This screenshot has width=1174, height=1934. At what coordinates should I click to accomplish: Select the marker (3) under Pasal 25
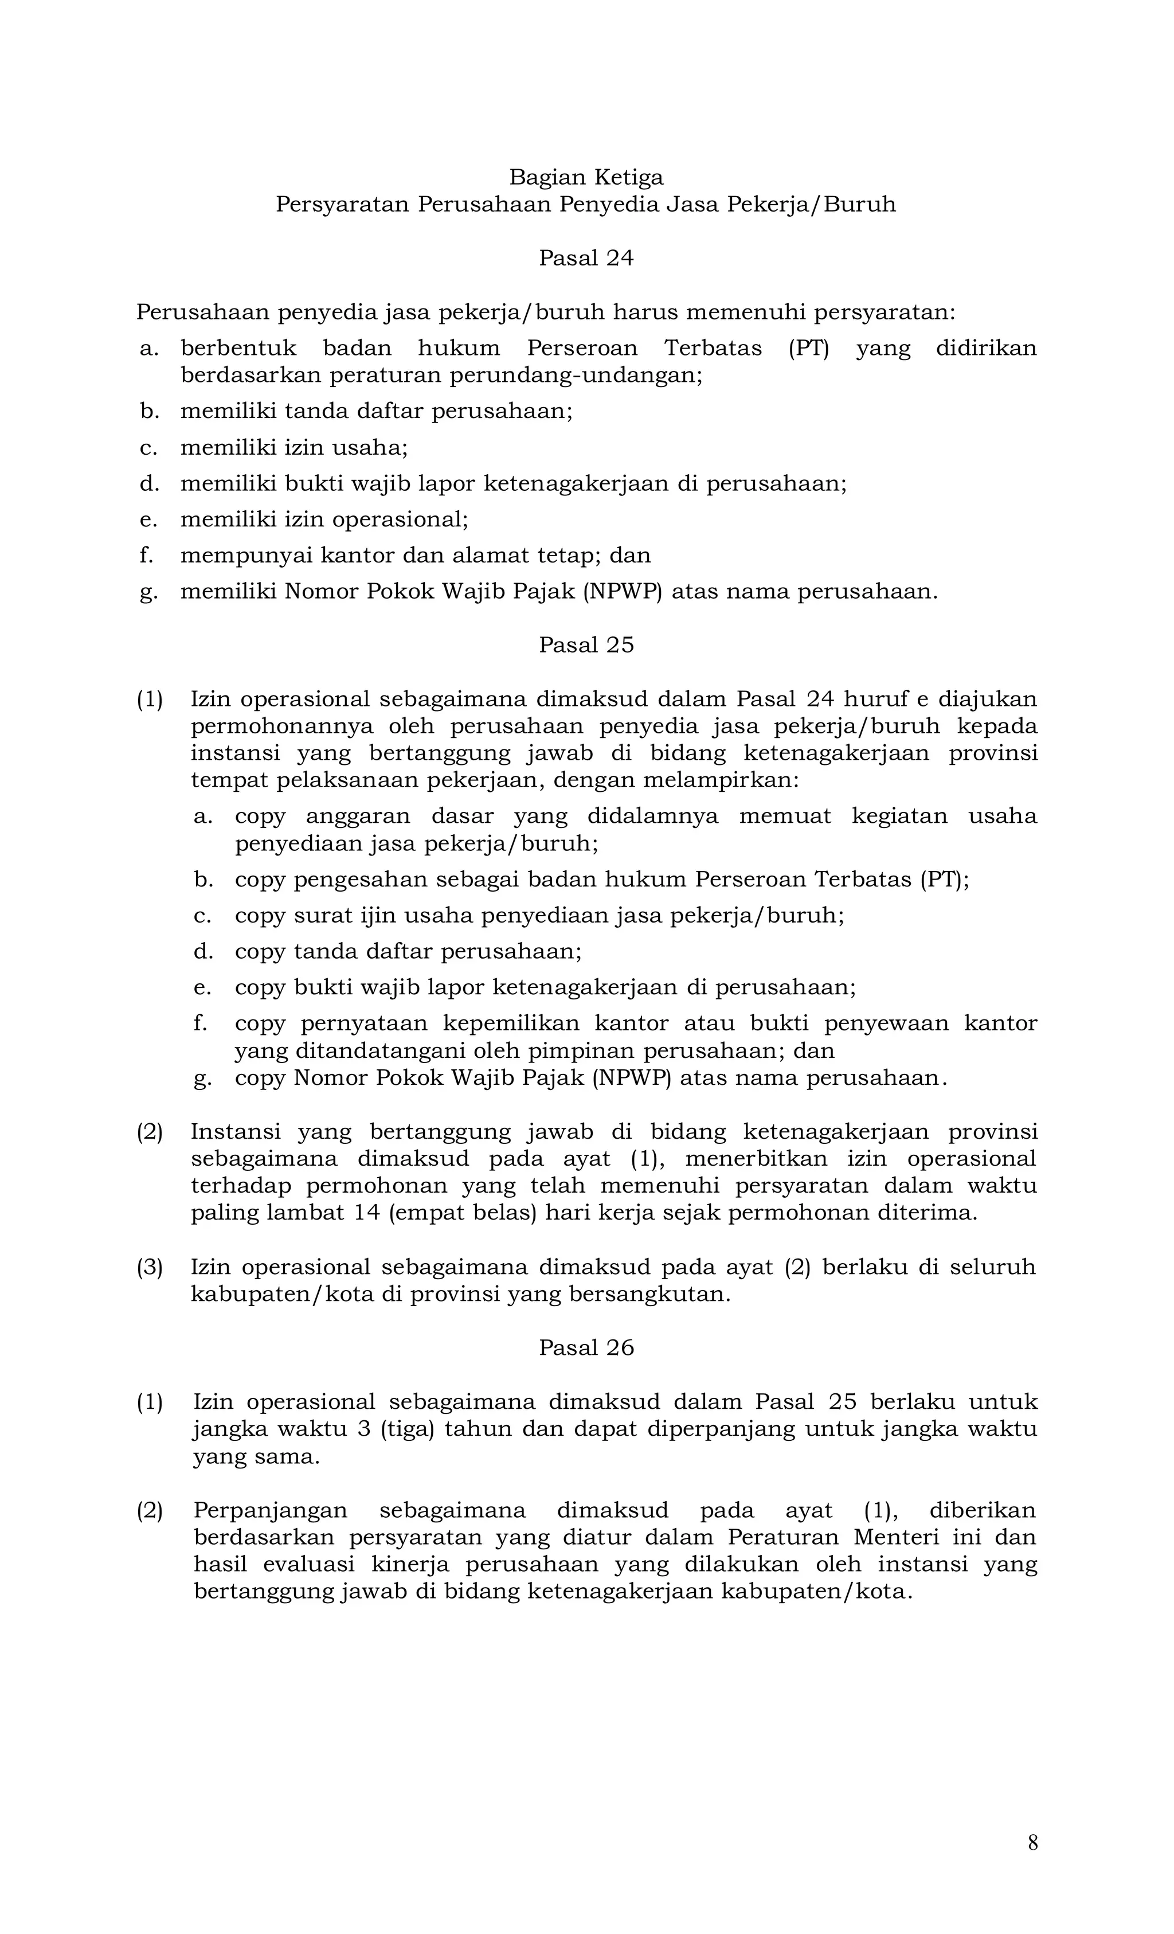(x=150, y=1267)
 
